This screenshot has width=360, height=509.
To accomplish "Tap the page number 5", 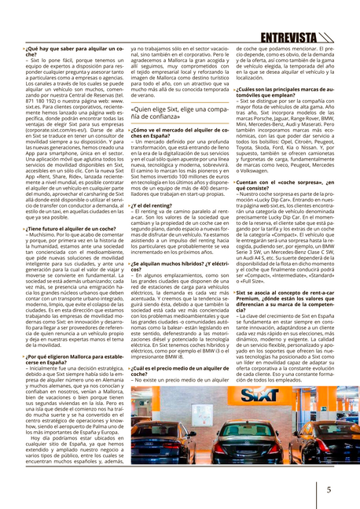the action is pos(328,488).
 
